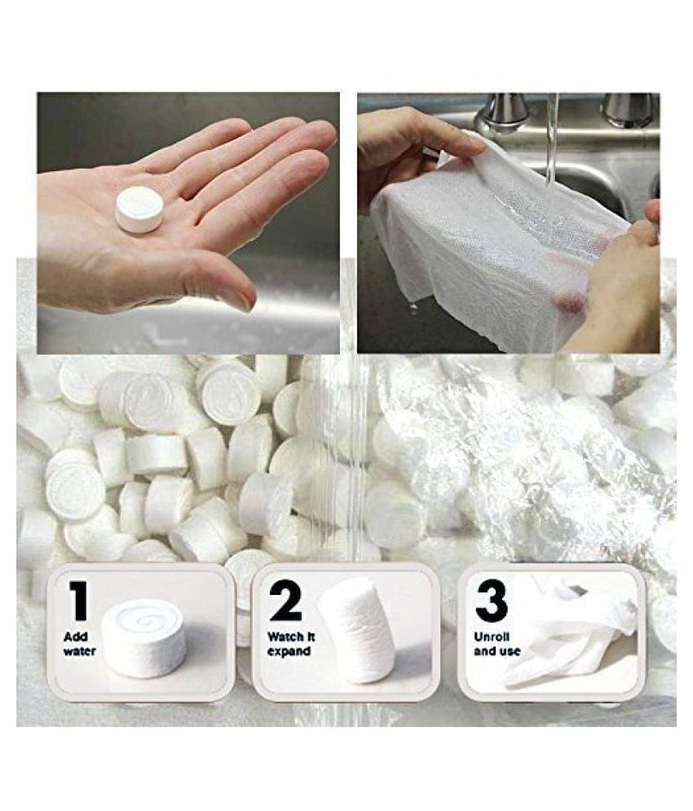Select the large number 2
point(285,601)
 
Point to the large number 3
point(491,602)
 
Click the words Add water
point(79,643)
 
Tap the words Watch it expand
point(291,643)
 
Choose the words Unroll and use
point(497,644)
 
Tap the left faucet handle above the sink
point(505,114)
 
